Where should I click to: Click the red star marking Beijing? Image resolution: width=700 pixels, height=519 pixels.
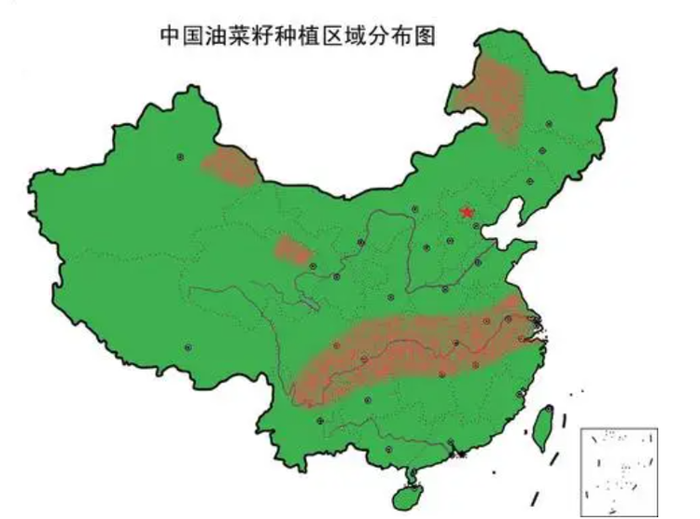coord(467,212)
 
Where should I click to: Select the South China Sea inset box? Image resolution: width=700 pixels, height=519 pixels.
coord(619,471)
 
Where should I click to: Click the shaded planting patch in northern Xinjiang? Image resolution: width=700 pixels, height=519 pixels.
coord(229,166)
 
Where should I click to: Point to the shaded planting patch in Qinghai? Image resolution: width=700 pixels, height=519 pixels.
coord(293,250)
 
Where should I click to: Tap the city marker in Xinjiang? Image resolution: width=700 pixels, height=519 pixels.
coord(181,156)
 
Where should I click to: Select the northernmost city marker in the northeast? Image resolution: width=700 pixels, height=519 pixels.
coord(550,122)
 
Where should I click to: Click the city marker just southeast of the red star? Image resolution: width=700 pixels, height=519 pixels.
coord(476,226)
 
